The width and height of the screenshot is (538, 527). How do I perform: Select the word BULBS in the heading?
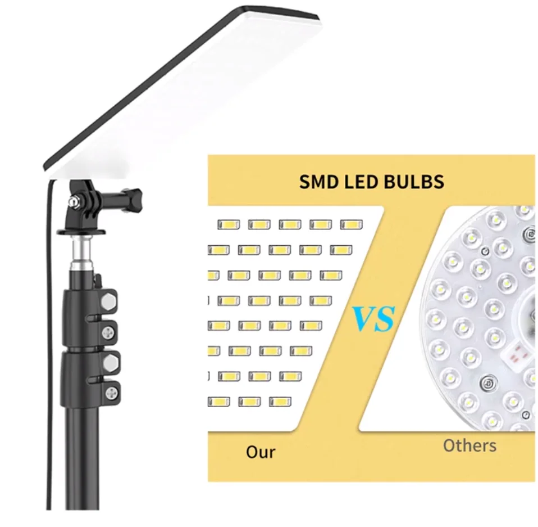click(x=420, y=182)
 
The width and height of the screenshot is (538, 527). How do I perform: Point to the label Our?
click(x=261, y=452)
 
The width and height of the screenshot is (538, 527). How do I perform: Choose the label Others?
click(x=469, y=445)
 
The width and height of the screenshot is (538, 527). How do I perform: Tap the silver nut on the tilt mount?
click(x=73, y=201)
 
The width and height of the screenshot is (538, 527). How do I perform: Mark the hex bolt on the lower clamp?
click(x=109, y=361)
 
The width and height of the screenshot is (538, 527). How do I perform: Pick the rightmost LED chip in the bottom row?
click(x=280, y=402)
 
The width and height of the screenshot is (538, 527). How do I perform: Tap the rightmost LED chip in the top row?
click(x=351, y=224)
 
